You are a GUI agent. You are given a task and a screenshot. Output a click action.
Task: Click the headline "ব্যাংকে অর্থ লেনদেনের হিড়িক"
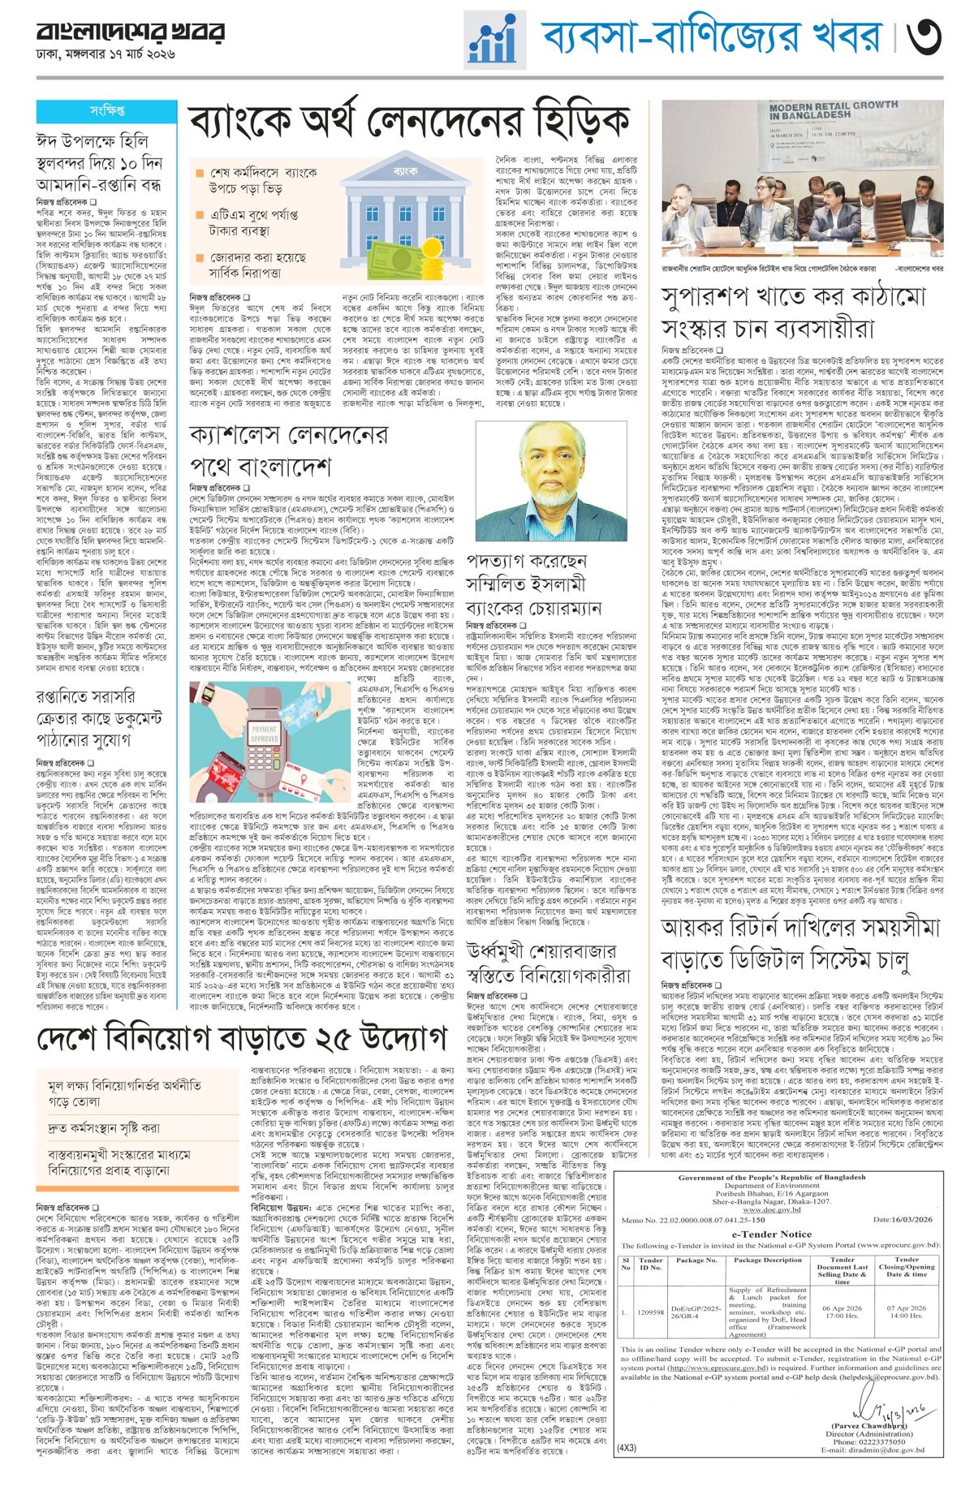click(409, 123)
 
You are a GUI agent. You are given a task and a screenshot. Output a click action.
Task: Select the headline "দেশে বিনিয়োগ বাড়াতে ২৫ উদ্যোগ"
click(242, 1036)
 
